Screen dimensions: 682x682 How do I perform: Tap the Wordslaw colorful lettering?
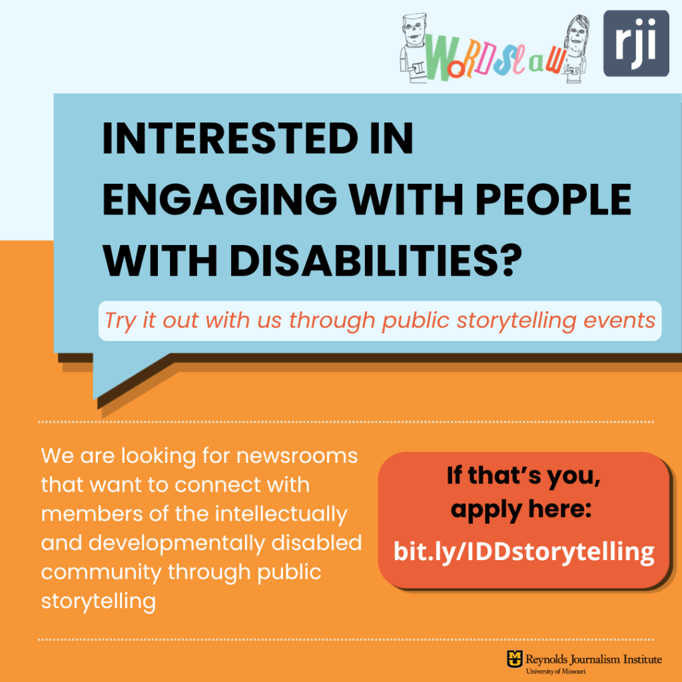(496, 57)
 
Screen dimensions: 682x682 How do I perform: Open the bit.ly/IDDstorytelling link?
(523, 552)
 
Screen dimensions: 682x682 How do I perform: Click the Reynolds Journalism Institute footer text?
(593, 659)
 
